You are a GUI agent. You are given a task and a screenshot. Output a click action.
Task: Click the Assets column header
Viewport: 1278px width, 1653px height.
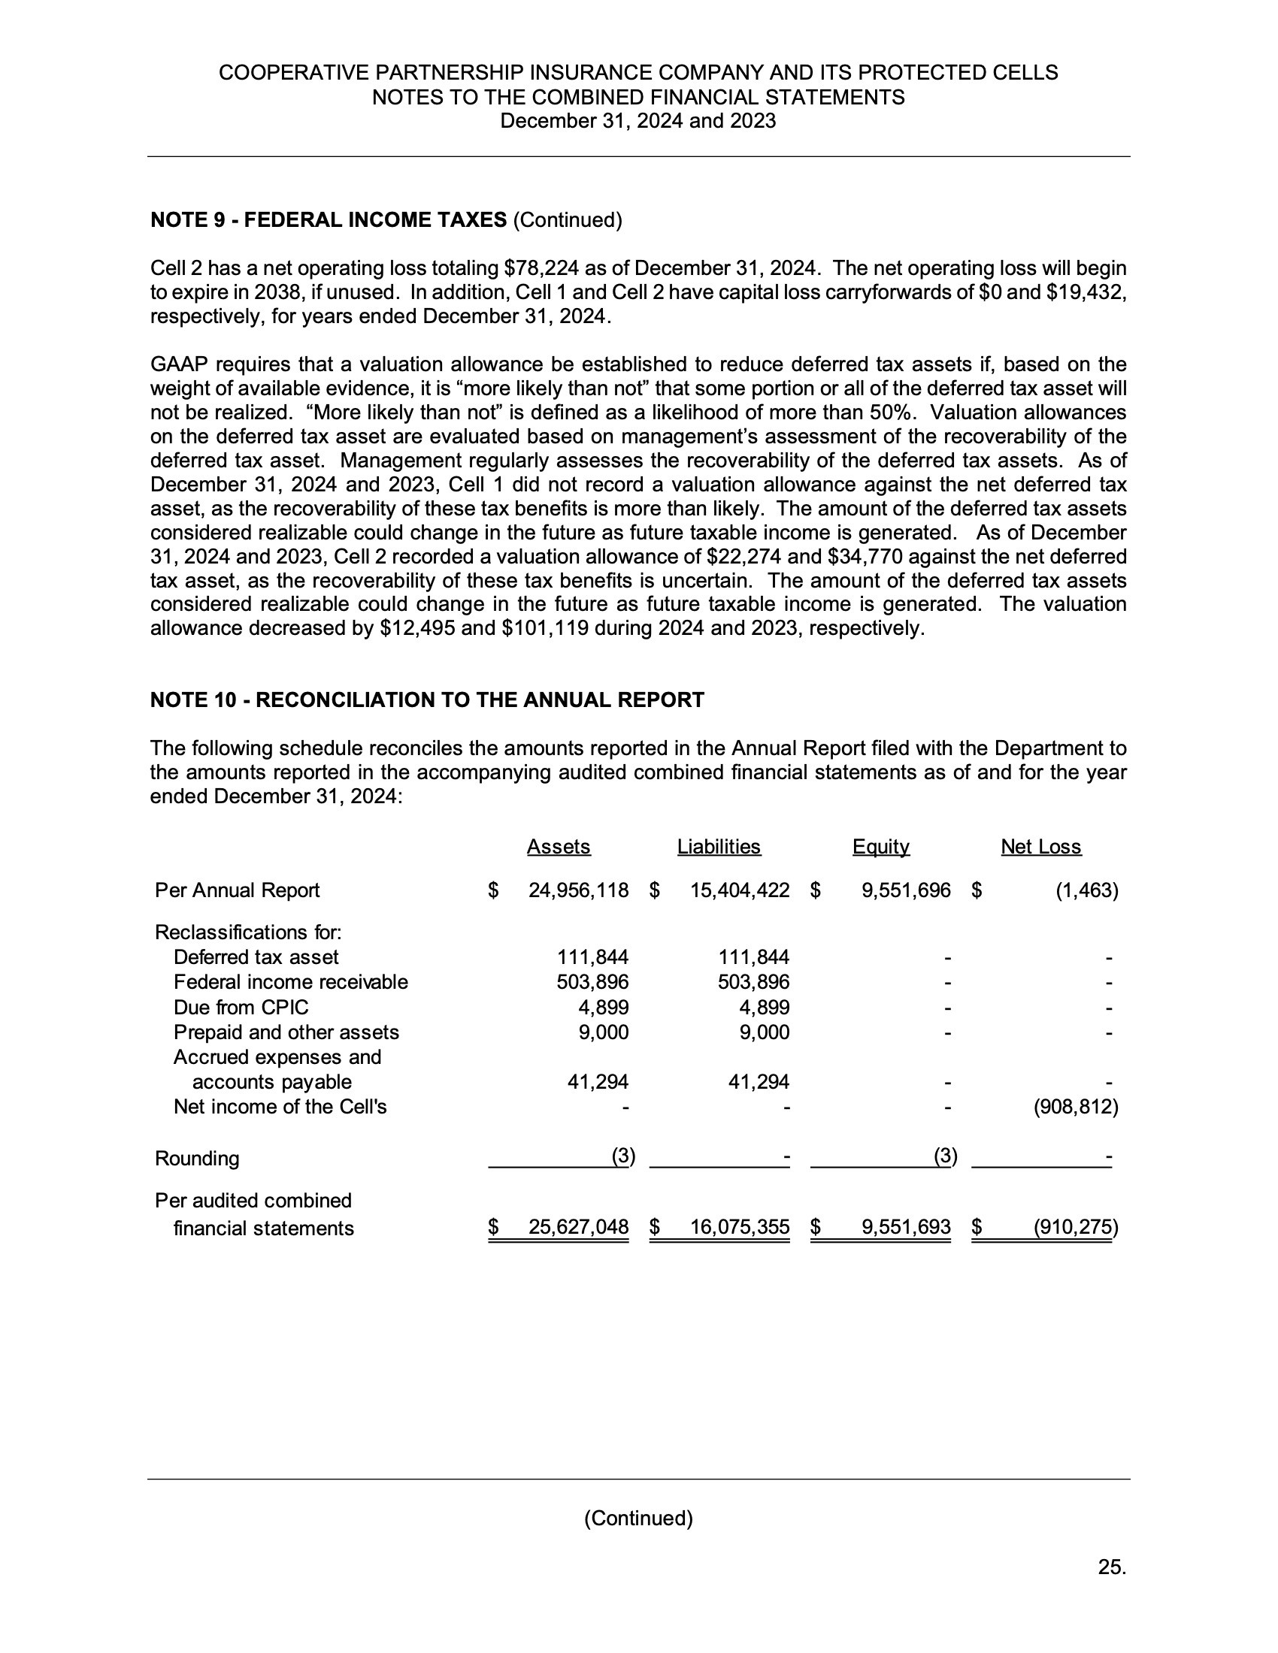pos(558,846)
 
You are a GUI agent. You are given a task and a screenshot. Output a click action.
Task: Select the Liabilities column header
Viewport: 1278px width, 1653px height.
pos(719,846)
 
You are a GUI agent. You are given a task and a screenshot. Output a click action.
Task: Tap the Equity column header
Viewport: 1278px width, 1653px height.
pos(880,846)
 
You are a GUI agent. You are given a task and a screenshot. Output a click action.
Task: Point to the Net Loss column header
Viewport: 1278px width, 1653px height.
pos(1041,846)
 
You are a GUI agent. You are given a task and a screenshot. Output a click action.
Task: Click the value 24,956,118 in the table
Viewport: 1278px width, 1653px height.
pos(578,890)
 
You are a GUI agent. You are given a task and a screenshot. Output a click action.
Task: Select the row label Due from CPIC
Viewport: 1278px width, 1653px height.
pos(241,1008)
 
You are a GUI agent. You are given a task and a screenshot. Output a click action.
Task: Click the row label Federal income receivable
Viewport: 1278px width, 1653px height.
pos(291,982)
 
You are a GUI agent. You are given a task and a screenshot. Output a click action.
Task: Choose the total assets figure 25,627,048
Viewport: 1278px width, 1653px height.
pos(578,1227)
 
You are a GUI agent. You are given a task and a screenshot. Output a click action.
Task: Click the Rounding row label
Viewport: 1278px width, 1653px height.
pos(197,1158)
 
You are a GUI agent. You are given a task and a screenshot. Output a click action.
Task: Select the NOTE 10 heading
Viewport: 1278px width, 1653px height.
pos(427,700)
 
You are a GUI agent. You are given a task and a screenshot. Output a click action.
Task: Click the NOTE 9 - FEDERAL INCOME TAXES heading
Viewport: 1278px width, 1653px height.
pos(329,220)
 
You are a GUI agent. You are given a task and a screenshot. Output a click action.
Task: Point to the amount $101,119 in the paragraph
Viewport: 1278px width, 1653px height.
pos(545,628)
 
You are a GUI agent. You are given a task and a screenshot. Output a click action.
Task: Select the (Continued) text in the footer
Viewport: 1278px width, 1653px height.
pos(638,1519)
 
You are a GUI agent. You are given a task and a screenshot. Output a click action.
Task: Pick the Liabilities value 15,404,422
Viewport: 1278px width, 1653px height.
pos(740,890)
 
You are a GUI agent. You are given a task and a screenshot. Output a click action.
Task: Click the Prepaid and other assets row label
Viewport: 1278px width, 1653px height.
pos(286,1032)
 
